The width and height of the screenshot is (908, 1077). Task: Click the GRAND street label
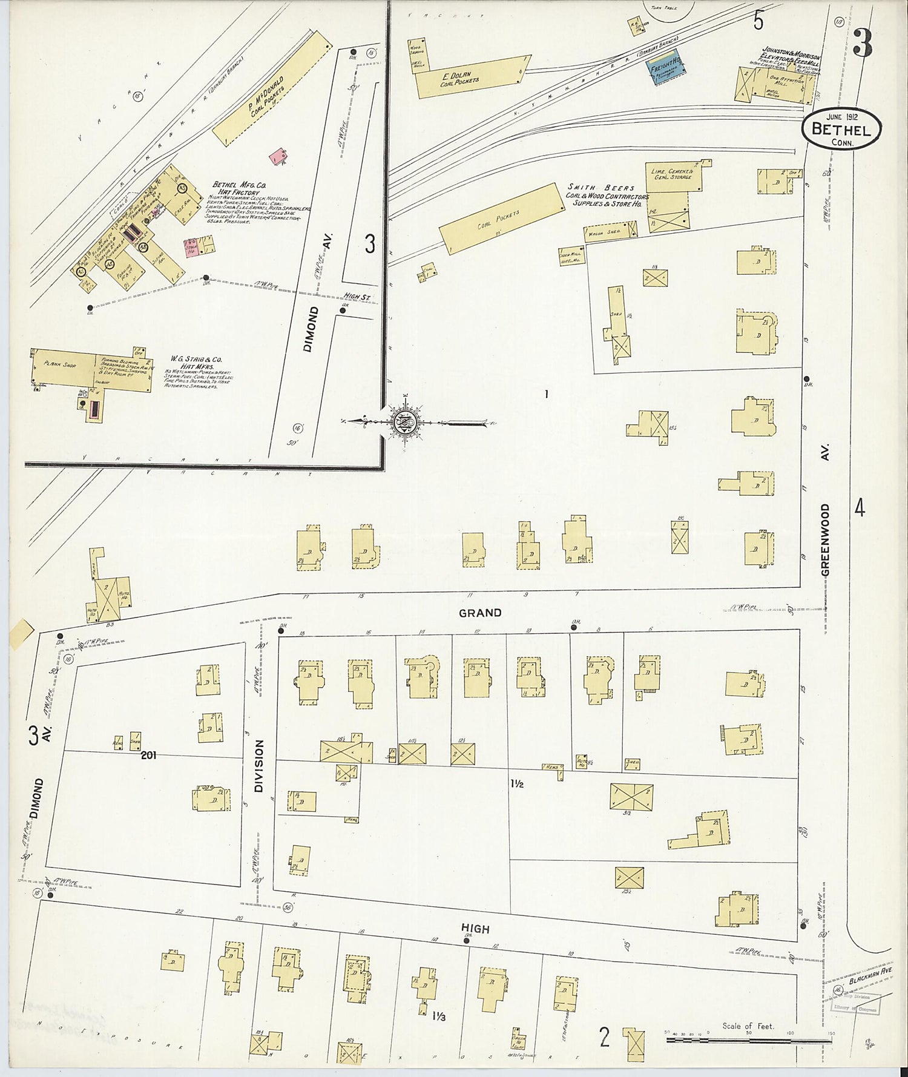point(480,613)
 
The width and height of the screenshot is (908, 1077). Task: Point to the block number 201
point(149,755)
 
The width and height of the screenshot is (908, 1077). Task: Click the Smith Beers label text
point(601,188)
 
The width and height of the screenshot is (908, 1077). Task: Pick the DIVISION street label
point(260,766)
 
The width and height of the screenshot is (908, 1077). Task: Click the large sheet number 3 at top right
point(862,42)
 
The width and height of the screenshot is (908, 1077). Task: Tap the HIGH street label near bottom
point(475,929)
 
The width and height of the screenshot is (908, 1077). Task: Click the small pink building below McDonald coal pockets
point(278,156)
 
